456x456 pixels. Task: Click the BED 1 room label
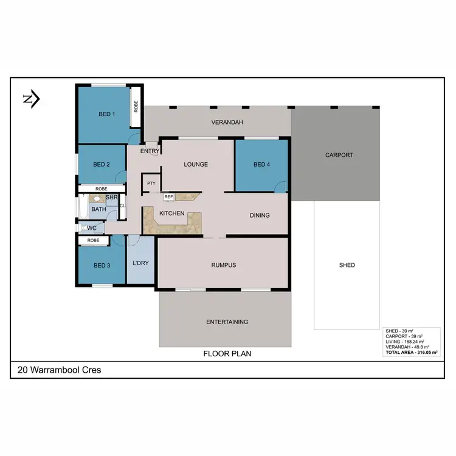106,114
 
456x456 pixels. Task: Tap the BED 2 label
102,164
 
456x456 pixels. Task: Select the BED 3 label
102,265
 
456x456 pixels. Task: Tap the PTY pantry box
151,183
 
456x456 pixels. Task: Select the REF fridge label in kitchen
168,197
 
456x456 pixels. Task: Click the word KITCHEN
172,214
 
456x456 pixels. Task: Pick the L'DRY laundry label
140,263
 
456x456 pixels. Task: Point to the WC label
92,228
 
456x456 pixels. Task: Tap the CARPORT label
339,155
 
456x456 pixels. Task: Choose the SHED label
347,265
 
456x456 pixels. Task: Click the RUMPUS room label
223,265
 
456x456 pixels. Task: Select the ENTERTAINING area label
227,322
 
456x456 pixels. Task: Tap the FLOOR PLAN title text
227,353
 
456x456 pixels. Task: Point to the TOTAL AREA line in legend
412,352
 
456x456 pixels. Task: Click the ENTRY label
150,151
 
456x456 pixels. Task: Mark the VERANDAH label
227,122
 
